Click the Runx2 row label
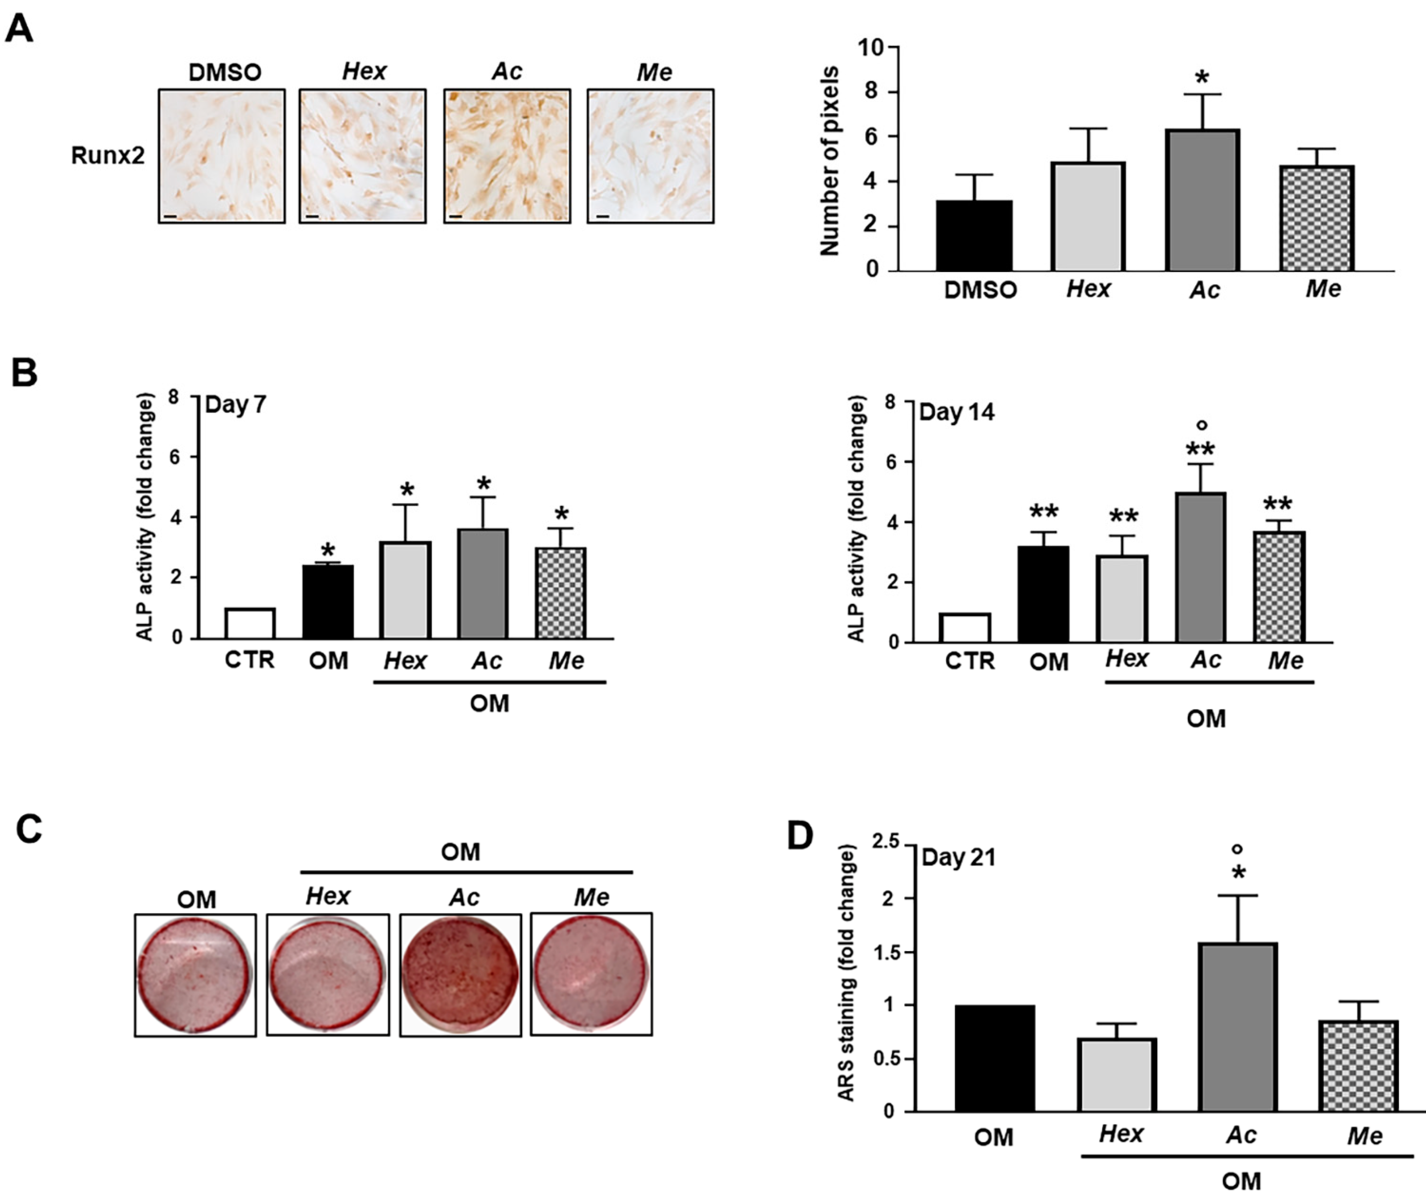point(108,156)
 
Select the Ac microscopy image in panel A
point(507,156)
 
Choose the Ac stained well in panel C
point(460,974)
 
